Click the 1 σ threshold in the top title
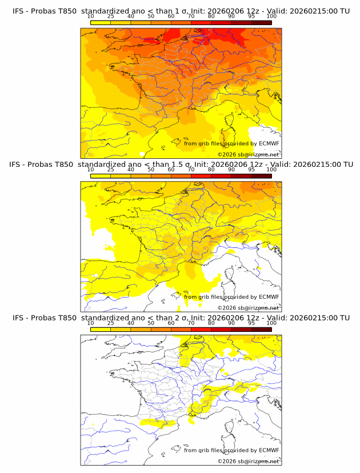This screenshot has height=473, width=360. [x=185, y=11]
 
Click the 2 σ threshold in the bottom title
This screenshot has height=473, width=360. [x=185, y=318]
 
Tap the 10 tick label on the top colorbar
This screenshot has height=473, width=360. [x=90, y=17]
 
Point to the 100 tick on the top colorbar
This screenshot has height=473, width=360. [x=271, y=17]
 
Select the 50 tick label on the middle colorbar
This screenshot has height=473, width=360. [x=151, y=170]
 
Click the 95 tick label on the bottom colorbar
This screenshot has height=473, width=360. [x=251, y=323]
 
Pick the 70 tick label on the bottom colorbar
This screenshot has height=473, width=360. [x=191, y=323]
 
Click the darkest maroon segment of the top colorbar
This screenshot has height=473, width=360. [x=262, y=23]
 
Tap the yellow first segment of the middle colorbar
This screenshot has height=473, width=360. [x=100, y=176]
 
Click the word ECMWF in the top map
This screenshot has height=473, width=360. [x=269, y=143]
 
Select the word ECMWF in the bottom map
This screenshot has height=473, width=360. [x=269, y=450]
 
